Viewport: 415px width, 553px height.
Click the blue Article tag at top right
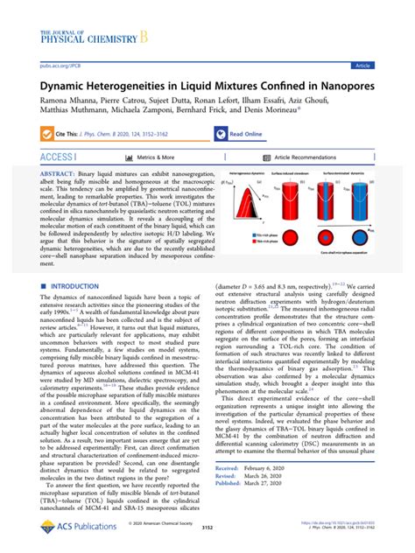(386, 65)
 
